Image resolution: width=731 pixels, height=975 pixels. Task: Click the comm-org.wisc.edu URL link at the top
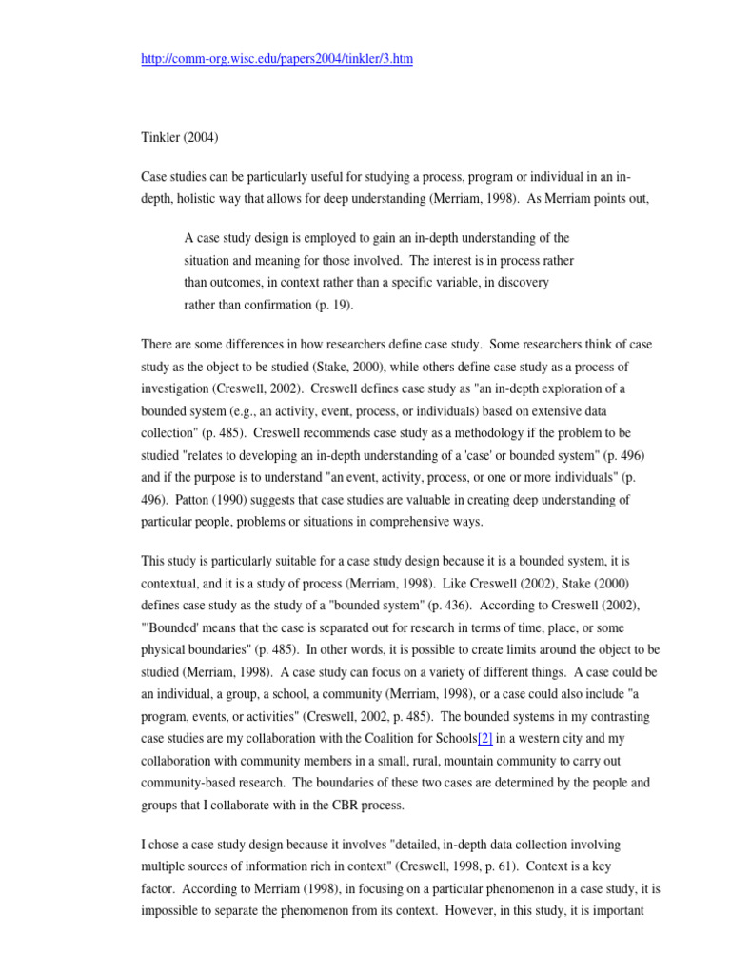click(x=277, y=59)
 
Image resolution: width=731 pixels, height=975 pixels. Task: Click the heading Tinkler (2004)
click(x=180, y=136)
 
